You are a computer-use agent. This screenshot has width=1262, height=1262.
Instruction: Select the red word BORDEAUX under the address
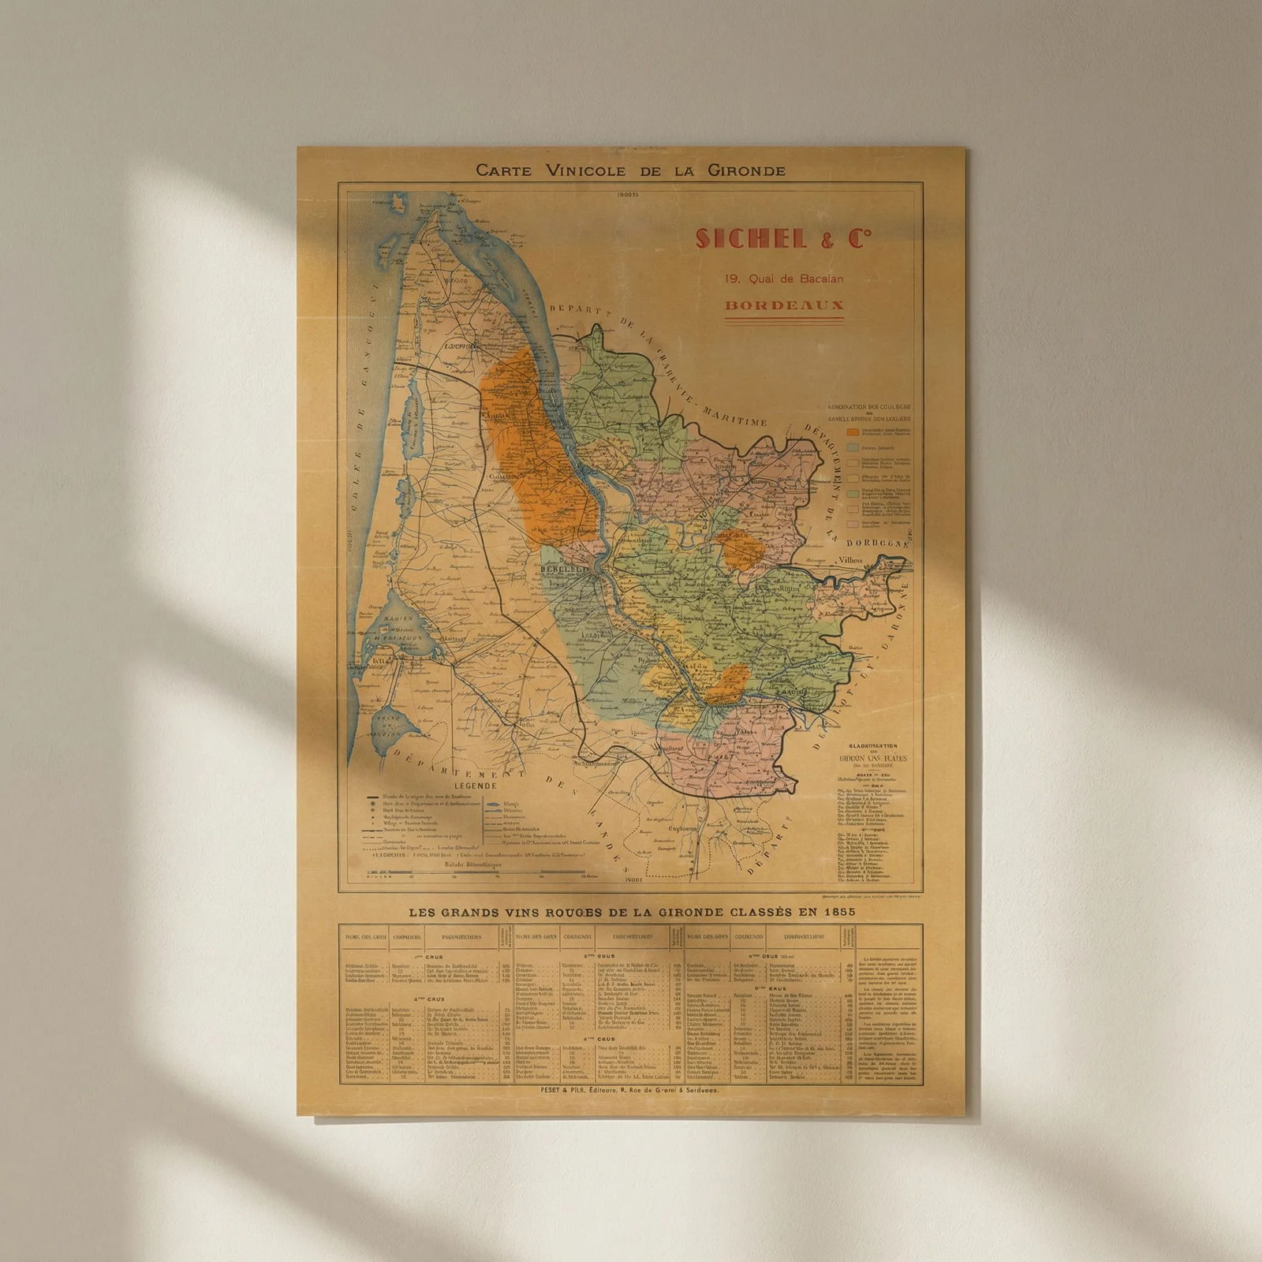point(784,305)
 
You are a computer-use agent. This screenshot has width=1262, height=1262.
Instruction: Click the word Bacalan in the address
point(820,278)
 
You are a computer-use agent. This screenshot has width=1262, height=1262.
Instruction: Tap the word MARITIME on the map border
point(737,414)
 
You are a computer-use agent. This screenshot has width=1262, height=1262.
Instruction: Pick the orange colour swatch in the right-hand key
point(853,431)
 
